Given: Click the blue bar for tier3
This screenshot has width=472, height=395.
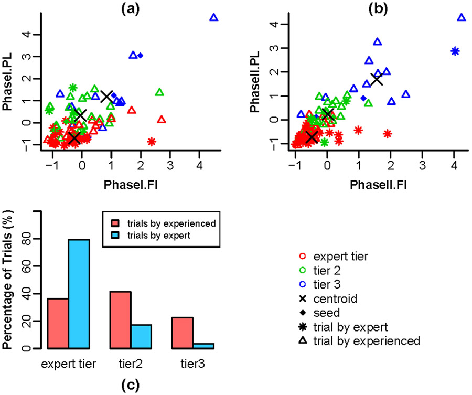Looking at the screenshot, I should tap(204, 346).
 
